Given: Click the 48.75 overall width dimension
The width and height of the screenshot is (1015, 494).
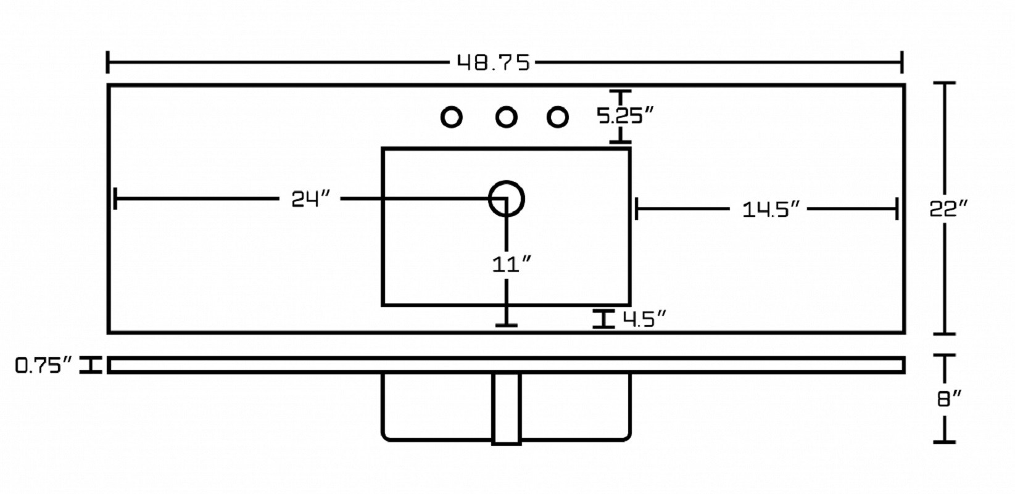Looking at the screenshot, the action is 493,62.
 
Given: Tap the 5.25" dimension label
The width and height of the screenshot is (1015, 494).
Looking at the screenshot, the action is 625,116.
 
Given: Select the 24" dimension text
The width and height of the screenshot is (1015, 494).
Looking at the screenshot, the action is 311,199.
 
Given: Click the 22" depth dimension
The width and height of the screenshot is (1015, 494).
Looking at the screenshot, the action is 948,209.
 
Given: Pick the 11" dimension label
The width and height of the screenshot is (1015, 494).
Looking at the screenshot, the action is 512,265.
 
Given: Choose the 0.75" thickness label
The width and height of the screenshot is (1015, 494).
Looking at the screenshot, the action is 44,365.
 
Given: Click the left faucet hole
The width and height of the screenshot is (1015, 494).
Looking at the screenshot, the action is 451,117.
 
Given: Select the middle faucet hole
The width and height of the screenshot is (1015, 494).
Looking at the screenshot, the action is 506,117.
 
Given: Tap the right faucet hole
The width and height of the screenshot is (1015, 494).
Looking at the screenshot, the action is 557,117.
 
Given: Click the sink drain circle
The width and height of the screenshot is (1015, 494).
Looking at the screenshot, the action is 507,182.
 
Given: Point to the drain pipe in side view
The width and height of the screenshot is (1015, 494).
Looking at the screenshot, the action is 507,409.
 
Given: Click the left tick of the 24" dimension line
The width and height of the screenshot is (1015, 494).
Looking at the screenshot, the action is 115,199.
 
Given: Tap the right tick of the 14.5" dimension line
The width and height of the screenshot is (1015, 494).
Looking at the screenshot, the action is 897,209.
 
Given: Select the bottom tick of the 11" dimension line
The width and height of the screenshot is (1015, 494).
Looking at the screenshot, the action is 507,325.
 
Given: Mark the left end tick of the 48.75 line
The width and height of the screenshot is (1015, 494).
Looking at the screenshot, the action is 107,62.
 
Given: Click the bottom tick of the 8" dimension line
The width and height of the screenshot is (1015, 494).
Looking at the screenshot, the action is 944,442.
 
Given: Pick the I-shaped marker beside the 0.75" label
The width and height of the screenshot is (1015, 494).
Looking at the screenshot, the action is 91,365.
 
